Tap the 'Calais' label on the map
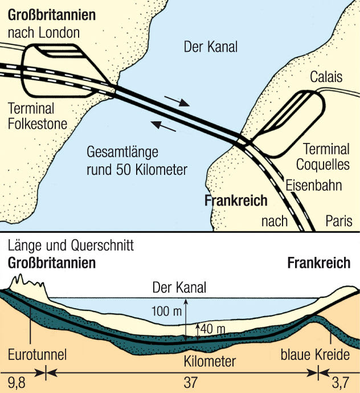click(326, 76)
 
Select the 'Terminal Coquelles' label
click(326, 157)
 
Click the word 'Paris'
click(339, 221)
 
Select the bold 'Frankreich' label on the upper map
click(236, 200)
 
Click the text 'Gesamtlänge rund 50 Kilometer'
click(137, 161)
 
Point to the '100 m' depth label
click(166, 312)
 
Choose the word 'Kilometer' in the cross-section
click(210, 361)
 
